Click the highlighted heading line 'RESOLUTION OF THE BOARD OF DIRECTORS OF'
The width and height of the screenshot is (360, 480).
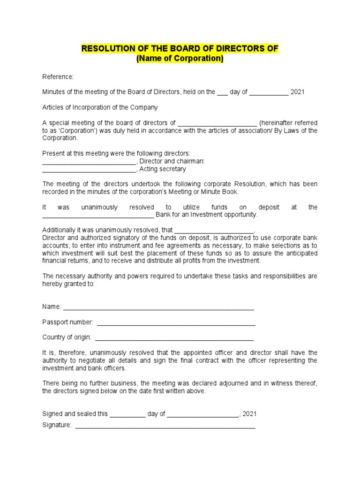tap(180, 49)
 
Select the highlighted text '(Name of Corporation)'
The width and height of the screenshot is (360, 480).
tap(180, 59)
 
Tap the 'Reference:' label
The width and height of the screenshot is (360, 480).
tap(58, 76)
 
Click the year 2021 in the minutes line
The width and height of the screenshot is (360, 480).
tap(297, 92)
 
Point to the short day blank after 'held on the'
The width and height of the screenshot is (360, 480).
tap(222, 92)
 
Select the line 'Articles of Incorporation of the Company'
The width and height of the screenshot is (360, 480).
tap(100, 107)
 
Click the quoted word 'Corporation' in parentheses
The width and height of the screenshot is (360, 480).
tap(75, 130)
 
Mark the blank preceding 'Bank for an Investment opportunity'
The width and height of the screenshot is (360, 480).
tap(98, 215)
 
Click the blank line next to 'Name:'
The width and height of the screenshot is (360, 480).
tap(158, 307)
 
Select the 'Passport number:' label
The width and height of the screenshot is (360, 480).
tap(67, 322)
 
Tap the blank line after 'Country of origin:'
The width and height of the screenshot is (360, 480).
tap(174, 337)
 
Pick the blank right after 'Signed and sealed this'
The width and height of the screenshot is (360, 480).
tap(127, 414)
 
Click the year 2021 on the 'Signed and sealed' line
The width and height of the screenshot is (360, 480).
tap(250, 414)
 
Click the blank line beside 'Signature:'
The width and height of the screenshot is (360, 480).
tap(165, 426)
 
